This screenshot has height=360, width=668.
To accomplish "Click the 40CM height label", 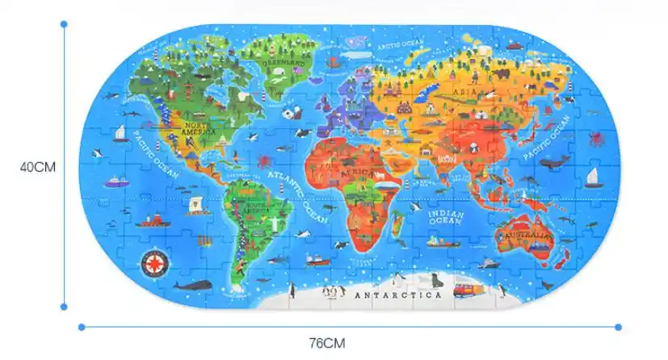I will coord(37,168).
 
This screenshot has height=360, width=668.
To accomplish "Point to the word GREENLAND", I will coord(280,61).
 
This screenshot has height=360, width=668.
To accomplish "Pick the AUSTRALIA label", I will coord(527,236).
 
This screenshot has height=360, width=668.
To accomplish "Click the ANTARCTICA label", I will coord(398,295).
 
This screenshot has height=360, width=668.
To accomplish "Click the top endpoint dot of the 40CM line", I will coord(64,23).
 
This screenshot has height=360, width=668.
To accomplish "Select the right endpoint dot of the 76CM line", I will coord(618,327).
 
